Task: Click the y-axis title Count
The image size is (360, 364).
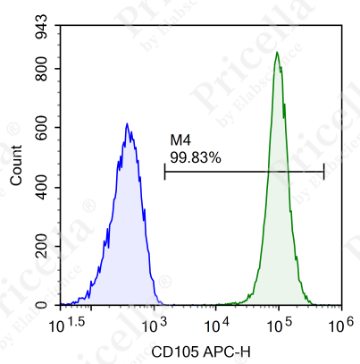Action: [x=16, y=167]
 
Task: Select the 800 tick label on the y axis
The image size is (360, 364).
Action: [x=40, y=68]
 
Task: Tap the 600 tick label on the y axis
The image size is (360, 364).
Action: [x=40, y=127]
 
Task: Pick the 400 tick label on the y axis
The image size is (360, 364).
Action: [x=40, y=187]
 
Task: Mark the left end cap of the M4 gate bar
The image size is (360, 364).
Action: [x=165, y=172]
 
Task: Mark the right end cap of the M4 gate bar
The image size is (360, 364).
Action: [x=323, y=172]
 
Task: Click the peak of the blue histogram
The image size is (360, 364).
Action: [x=127, y=123]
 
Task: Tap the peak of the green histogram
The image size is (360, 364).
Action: [x=277, y=52]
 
